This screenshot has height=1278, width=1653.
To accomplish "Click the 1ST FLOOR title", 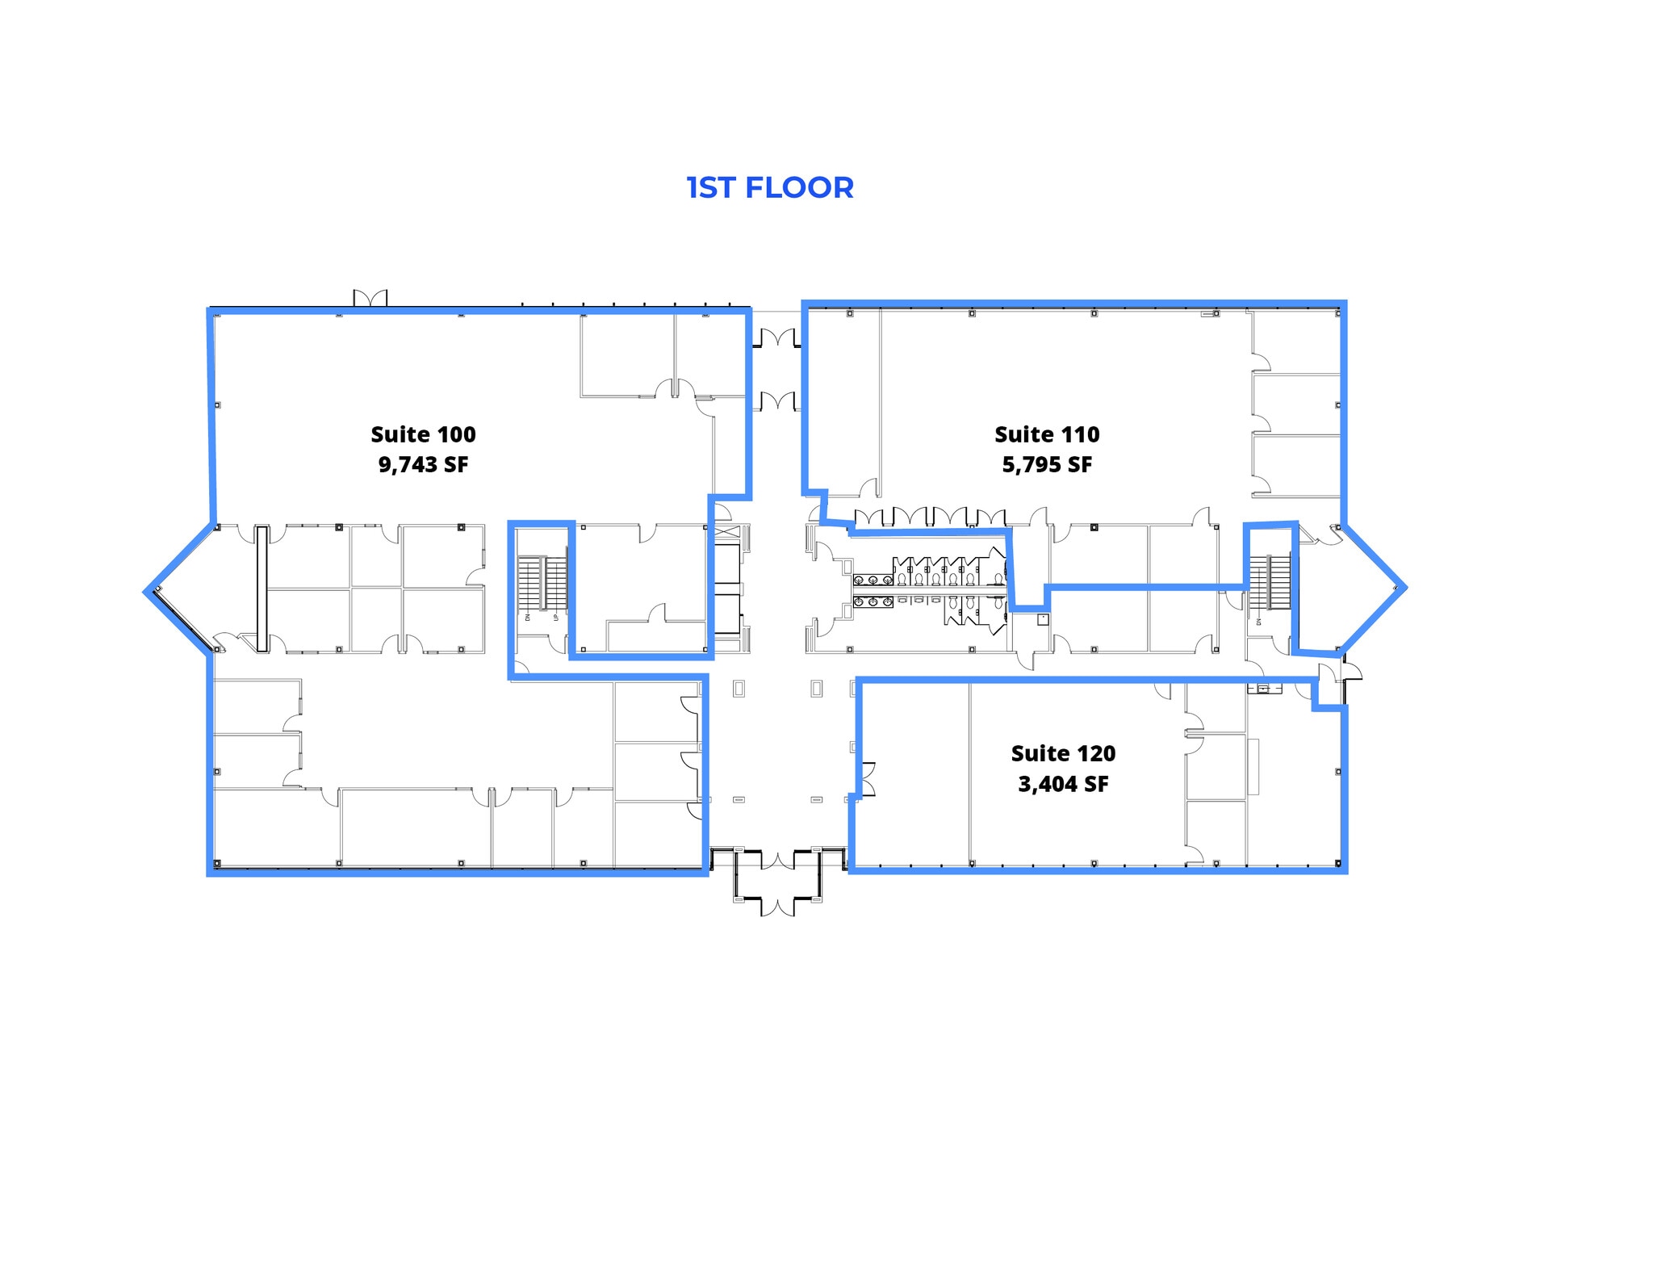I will [x=769, y=187].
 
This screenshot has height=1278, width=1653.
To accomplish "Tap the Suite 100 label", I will [x=423, y=434].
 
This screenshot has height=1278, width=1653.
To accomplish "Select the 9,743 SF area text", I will [x=423, y=465].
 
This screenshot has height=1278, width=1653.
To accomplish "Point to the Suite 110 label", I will [x=1046, y=434].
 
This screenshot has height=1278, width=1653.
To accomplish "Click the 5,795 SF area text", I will [x=1047, y=465].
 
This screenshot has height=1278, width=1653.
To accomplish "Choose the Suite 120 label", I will [x=1063, y=753].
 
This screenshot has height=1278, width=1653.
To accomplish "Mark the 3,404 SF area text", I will [x=1063, y=784].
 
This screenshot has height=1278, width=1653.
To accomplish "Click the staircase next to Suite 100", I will [x=542, y=583].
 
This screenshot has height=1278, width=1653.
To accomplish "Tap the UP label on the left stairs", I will [x=556, y=618].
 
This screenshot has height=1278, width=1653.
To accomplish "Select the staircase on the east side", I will [x=1270, y=582].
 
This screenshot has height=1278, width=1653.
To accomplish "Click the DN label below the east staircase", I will [x=1258, y=622].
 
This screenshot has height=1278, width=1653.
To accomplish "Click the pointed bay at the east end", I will [x=1372, y=588].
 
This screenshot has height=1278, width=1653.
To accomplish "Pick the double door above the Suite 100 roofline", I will [x=370, y=298].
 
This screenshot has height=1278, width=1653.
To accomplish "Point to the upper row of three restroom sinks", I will [x=873, y=580].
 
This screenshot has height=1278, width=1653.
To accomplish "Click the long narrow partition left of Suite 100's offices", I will [x=262, y=589].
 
